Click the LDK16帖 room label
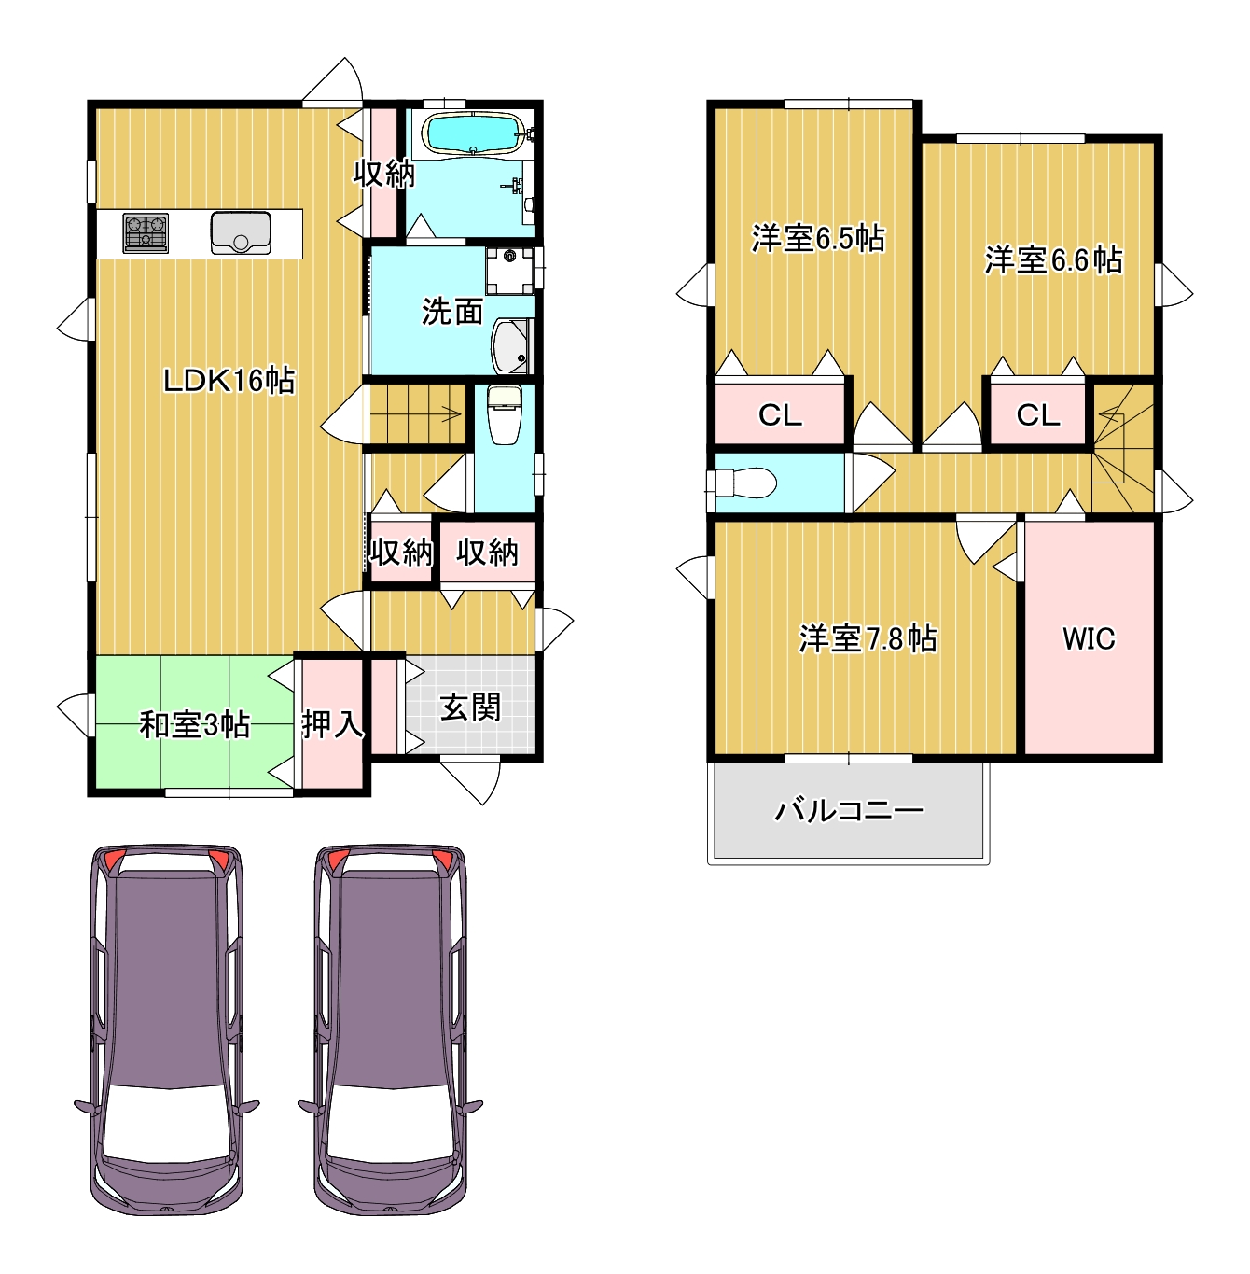[x=229, y=381]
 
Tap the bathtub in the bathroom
[x=474, y=133]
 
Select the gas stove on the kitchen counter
[x=146, y=232]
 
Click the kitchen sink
[x=241, y=232]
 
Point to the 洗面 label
[x=452, y=312]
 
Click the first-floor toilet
[x=505, y=415]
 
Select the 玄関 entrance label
[x=470, y=708]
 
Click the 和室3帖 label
[x=194, y=724]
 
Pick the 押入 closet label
[x=332, y=724]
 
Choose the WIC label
[x=1089, y=638]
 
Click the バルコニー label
[x=849, y=810]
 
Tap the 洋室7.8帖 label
[x=868, y=638]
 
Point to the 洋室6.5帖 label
[x=818, y=238]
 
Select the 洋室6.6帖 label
[x=1054, y=259]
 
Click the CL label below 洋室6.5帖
[x=781, y=415]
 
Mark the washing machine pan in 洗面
[x=509, y=271]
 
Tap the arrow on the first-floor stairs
[x=415, y=415]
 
